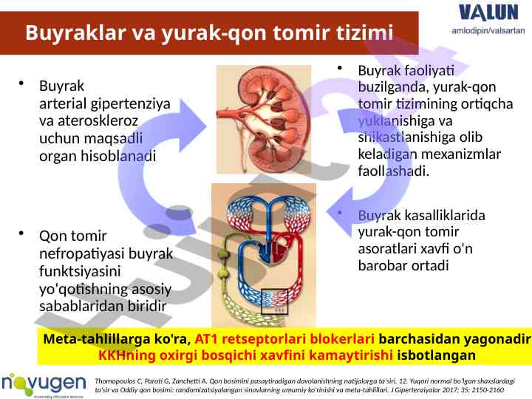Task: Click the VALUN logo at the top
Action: (x=488, y=13)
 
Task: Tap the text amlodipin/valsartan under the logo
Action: (x=488, y=30)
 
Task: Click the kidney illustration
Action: (x=264, y=120)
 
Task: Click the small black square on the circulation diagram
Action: (x=274, y=301)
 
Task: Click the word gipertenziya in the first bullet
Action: (x=130, y=104)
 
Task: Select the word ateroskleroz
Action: (x=98, y=120)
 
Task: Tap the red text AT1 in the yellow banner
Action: (x=206, y=338)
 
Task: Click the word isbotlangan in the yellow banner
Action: (x=437, y=355)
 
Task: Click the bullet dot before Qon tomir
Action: (x=21, y=233)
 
